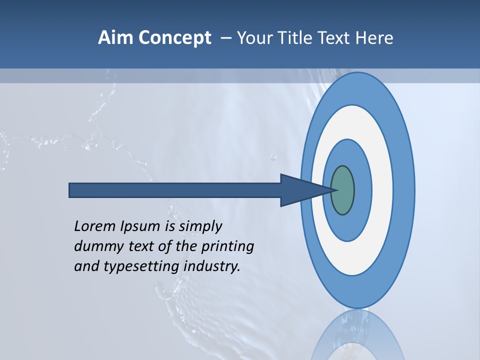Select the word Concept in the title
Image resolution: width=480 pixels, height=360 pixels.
coord(174,38)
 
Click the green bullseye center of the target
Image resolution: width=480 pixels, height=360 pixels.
coord(343,190)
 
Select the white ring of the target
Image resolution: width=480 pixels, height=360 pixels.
coord(382,190)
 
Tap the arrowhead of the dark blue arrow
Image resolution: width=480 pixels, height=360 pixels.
coord(300,190)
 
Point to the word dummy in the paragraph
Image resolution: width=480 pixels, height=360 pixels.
coord(95,246)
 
